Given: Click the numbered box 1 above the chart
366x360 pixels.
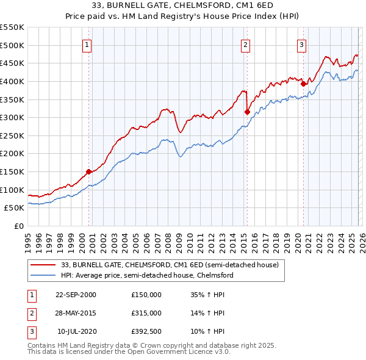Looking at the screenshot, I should point(88,44).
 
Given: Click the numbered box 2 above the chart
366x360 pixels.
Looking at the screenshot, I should point(245,44).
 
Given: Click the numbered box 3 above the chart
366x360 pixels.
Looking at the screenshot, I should point(301,44).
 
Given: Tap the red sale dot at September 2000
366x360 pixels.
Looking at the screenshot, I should point(89,171).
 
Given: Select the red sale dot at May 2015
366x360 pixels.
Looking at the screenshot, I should point(247,112).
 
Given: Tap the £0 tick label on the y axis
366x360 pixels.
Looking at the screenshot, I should point(18,226).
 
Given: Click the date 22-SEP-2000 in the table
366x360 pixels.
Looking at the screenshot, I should point(76,294).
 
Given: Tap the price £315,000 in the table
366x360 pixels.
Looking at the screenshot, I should point(146,313).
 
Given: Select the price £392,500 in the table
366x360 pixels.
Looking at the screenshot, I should point(146,332).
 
